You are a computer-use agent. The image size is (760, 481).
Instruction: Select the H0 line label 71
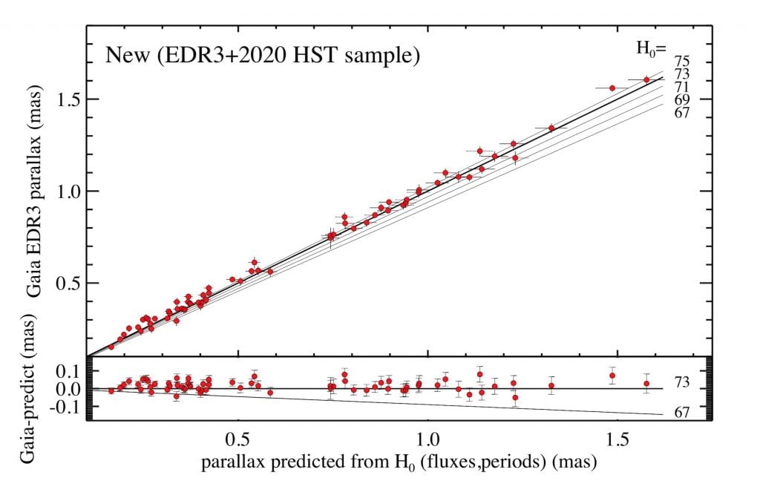point(683,87)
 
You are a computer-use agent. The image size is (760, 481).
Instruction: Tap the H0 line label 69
point(683,99)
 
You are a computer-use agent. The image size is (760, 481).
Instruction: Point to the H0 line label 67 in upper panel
point(683,112)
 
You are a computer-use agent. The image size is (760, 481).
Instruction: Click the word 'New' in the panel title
point(123,54)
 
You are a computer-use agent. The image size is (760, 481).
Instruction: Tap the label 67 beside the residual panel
point(683,413)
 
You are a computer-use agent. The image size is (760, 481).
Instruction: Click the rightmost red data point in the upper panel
point(646,79)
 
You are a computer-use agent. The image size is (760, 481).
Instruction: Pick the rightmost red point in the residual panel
point(647,384)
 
